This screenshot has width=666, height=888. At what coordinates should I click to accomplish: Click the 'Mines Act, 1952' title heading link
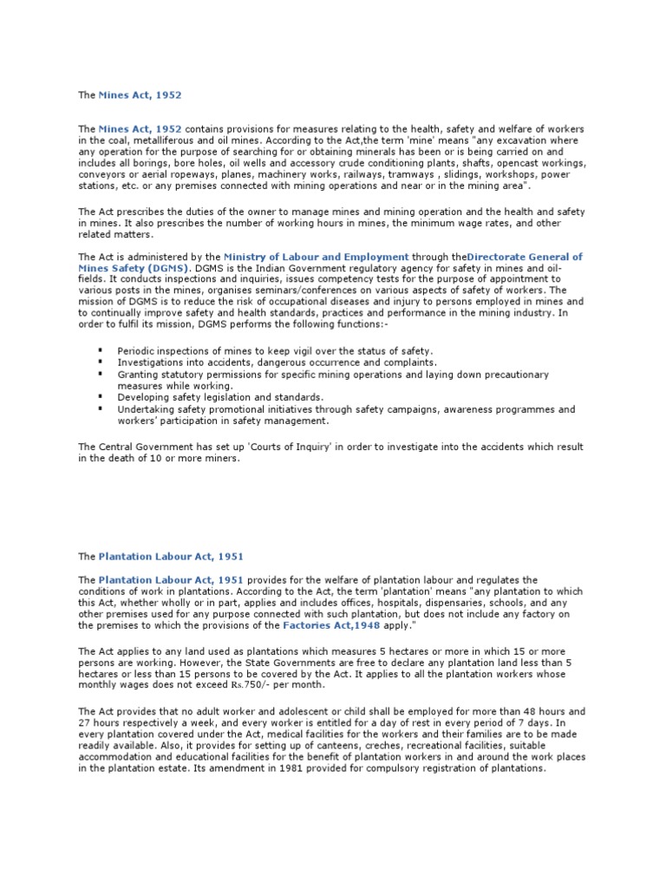(140, 95)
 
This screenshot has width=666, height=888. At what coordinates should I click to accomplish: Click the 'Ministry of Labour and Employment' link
(316, 257)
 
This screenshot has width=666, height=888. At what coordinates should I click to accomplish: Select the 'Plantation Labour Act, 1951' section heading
(170, 557)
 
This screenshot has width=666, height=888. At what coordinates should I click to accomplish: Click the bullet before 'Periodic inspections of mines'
(101, 350)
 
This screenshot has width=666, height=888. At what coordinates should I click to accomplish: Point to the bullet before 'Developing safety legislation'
(101, 396)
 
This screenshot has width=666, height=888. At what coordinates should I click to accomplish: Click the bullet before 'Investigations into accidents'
(101, 362)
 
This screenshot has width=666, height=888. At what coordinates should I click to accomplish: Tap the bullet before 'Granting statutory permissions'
(101, 374)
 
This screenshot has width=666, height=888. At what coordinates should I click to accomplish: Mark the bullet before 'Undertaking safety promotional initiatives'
(101, 408)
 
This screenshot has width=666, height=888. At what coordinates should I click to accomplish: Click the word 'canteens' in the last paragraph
(325, 745)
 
